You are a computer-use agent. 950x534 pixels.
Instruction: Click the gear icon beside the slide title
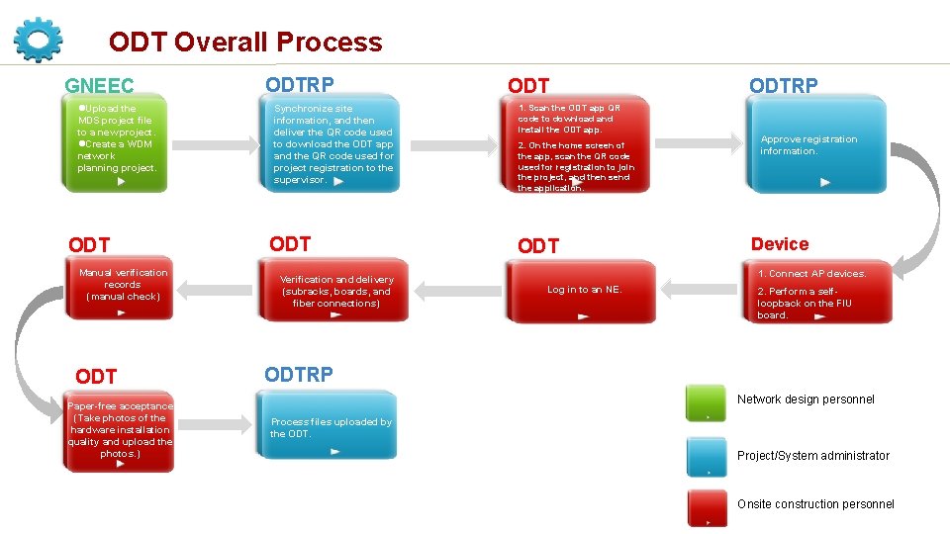39,39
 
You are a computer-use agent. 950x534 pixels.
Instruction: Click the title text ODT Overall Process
244,43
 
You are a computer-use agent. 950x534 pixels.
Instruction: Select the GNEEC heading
99,87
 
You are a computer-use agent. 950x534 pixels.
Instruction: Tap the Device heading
779,244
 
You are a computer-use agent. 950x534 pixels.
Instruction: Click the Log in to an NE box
584,291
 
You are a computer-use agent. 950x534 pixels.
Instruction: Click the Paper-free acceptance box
120,434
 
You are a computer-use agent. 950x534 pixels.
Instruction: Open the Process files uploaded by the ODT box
330,428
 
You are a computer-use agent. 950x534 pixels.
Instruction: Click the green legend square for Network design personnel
707,401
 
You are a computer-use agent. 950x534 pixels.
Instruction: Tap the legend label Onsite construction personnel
815,504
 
